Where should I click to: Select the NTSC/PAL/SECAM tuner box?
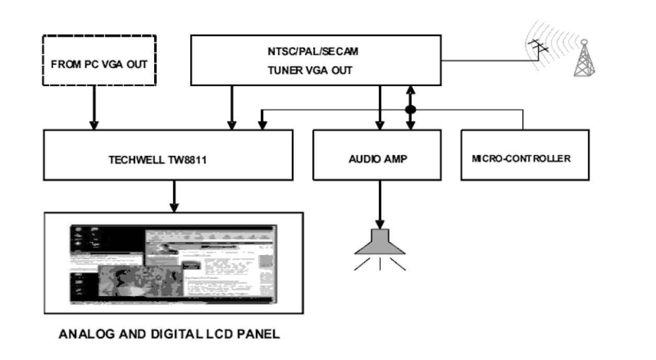pyautogui.click(x=315, y=60)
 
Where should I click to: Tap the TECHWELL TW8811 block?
pyautogui.click(x=168, y=155)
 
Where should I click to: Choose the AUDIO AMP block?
pyautogui.click(x=377, y=155)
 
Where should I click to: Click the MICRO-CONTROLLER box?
pyautogui.click(x=524, y=155)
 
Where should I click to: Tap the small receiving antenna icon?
pyautogui.click(x=538, y=49)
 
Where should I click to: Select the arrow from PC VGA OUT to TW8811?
pyautogui.click(x=94, y=107)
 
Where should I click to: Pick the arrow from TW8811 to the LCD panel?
pyautogui.click(x=174, y=196)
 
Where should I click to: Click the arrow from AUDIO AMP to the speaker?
pyautogui.click(x=380, y=204)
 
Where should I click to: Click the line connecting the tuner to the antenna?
pyautogui.click(x=486, y=61)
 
